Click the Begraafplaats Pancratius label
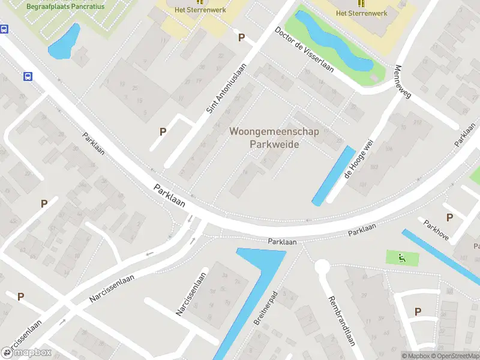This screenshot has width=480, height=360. pyautogui.click(x=65, y=7)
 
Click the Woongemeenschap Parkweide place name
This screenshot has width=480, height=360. pyautogui.click(x=274, y=137)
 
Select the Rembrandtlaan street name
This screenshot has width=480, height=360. pyautogui.click(x=340, y=322)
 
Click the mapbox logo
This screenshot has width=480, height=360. pyautogui.click(x=26, y=352)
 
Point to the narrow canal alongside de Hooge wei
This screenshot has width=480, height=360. pyautogui.click(x=334, y=176)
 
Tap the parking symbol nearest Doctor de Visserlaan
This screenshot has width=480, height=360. pyautogui.click(x=242, y=38)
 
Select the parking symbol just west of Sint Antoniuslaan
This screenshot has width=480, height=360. pyautogui.click(x=163, y=131)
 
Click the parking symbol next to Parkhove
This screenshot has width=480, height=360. pyautogui.click(x=449, y=217)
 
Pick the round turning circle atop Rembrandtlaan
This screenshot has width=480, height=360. pyautogui.click(x=323, y=266)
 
